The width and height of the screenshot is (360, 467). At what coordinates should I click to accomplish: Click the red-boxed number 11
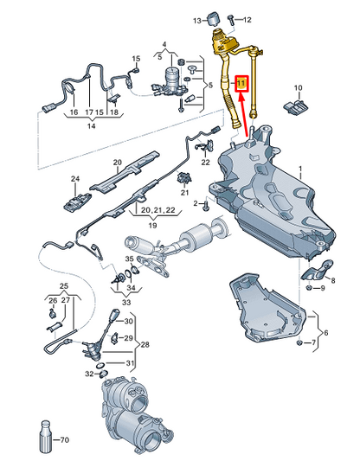[242, 83]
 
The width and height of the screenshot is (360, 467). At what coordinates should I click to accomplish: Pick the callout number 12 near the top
[247, 18]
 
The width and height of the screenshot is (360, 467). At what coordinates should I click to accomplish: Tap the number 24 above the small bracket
[74, 179]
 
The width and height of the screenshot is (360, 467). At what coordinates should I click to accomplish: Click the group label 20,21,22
[157, 210]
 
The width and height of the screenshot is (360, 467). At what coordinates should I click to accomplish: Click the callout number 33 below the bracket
[127, 303]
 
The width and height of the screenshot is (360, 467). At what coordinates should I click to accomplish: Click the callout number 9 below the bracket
[322, 287]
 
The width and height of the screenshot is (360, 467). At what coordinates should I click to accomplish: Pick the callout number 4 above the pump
[164, 42]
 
